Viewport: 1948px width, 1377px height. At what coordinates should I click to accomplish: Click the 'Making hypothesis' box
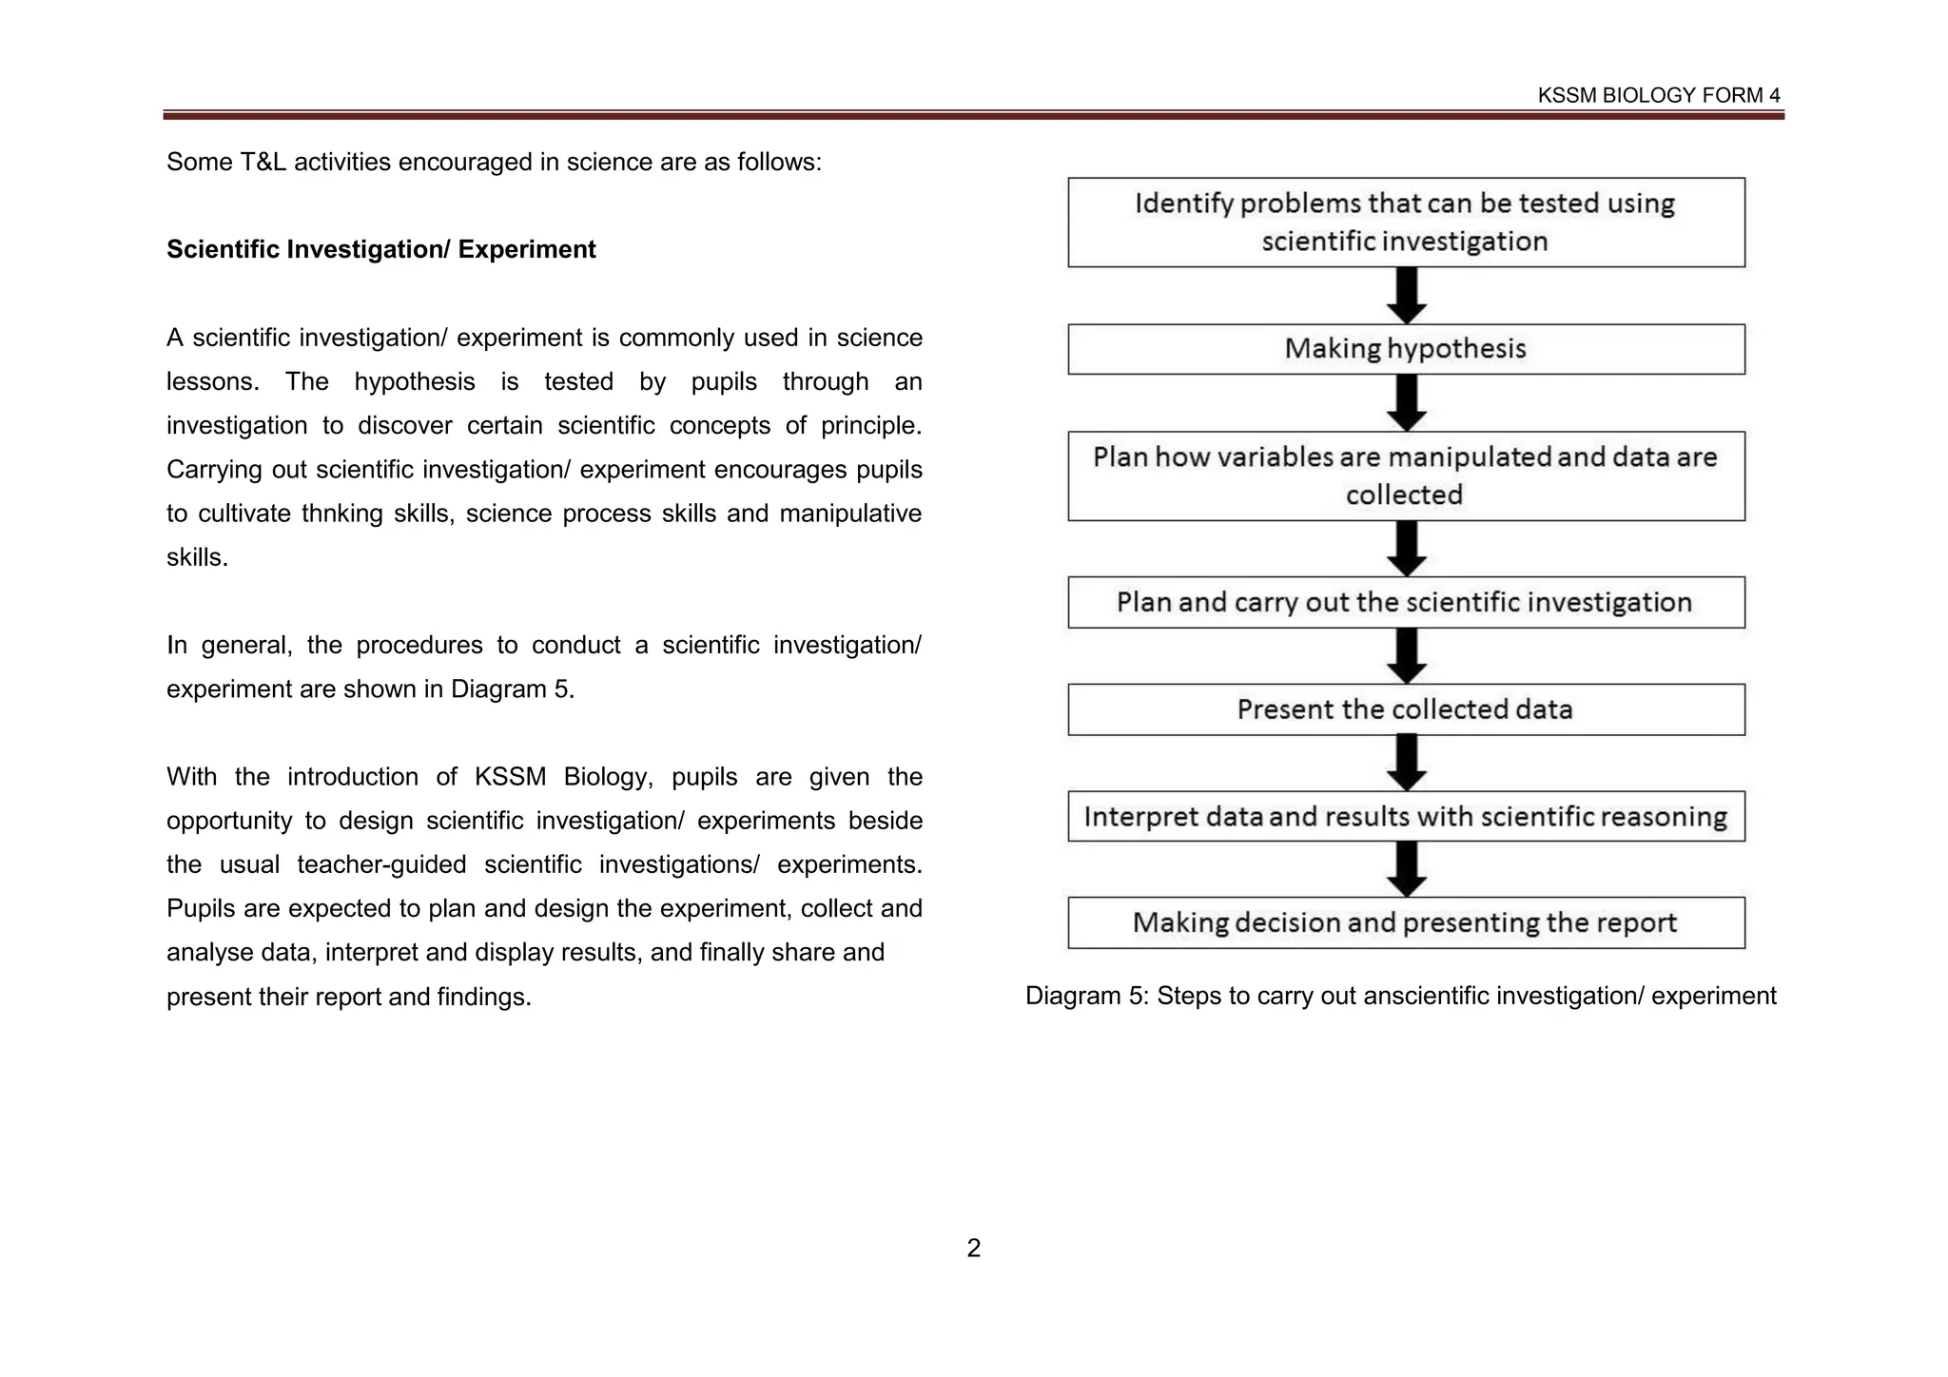pyautogui.click(x=1406, y=349)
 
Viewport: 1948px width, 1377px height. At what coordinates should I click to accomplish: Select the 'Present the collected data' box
pyautogui.click(x=1406, y=709)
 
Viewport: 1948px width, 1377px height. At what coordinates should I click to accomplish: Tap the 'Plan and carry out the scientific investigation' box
pyautogui.click(x=1406, y=602)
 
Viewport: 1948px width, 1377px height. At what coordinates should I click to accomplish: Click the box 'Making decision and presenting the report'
pyautogui.click(x=1406, y=922)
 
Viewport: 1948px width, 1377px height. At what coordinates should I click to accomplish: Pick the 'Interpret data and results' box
pyautogui.click(x=1406, y=817)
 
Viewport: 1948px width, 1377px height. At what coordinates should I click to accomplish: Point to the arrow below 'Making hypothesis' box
pyautogui.click(x=1406, y=402)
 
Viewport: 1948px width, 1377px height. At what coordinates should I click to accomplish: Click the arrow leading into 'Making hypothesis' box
pyautogui.click(x=1406, y=295)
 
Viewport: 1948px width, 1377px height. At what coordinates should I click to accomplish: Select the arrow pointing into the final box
pyautogui.click(x=1406, y=868)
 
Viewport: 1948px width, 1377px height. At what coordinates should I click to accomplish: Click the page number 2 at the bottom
pyautogui.click(x=973, y=1248)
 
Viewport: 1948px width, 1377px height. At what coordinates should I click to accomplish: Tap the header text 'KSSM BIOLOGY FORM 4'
pyautogui.click(x=1659, y=95)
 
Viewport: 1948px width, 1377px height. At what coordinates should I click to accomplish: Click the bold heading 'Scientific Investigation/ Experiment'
pyautogui.click(x=380, y=249)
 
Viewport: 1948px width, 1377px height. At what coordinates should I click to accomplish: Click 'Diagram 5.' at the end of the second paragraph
pyautogui.click(x=513, y=688)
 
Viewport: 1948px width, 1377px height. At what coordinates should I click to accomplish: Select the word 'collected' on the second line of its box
pyautogui.click(x=1404, y=495)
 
